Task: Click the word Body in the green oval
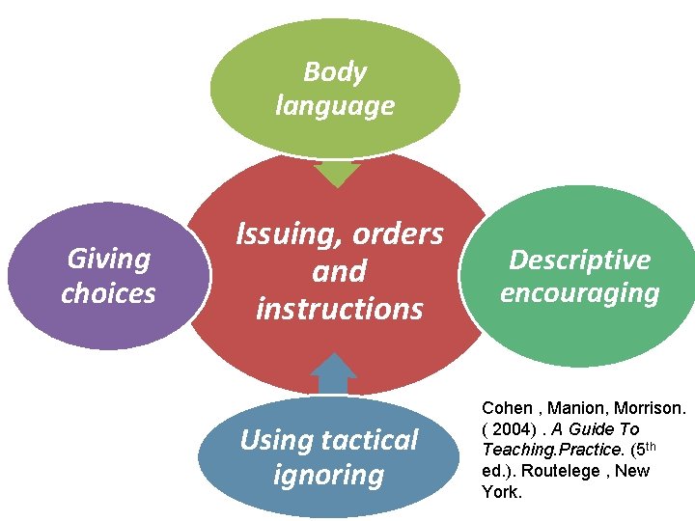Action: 335,71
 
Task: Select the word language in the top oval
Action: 335,104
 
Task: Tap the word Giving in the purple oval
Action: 109,259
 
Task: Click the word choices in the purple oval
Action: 108,292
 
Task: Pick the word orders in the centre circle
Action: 398,234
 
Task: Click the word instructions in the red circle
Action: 339,309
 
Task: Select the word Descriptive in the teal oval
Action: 579,260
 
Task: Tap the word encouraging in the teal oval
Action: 579,292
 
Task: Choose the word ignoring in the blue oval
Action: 328,475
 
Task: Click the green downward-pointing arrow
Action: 337,174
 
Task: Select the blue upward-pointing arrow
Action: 334,374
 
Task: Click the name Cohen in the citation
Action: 507,408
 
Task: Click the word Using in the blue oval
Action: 273,440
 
